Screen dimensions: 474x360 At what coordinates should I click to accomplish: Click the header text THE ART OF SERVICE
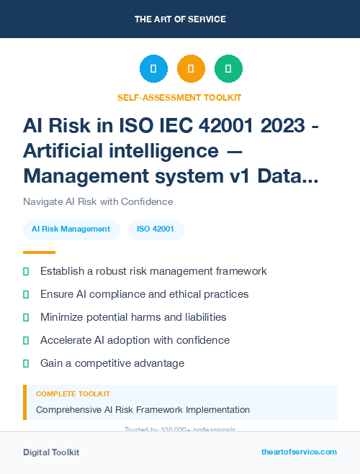tap(180, 19)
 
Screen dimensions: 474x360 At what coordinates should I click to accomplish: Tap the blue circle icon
tap(153, 69)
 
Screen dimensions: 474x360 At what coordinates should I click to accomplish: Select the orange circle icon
tap(191, 69)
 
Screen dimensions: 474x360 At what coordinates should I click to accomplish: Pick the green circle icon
tap(228, 69)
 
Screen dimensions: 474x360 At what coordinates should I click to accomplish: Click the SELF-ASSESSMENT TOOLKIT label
tap(180, 97)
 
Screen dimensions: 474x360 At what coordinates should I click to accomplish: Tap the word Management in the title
tap(89, 175)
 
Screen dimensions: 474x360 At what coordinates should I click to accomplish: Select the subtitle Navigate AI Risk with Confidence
tap(98, 201)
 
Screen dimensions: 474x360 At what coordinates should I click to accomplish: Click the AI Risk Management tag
tap(71, 229)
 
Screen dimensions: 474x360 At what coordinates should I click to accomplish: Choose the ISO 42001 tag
tap(156, 229)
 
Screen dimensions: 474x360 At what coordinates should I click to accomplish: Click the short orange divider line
tap(39, 252)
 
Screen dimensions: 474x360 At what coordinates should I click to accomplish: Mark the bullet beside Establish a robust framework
tap(26, 272)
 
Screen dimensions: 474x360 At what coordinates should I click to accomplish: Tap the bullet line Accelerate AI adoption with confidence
tap(135, 340)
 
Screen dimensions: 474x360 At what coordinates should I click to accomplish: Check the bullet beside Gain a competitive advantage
tap(26, 363)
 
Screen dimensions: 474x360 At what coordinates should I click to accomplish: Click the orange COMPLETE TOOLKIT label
tap(73, 394)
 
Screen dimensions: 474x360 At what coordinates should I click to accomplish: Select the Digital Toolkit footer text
tap(51, 452)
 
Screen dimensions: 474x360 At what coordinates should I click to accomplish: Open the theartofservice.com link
tap(299, 452)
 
